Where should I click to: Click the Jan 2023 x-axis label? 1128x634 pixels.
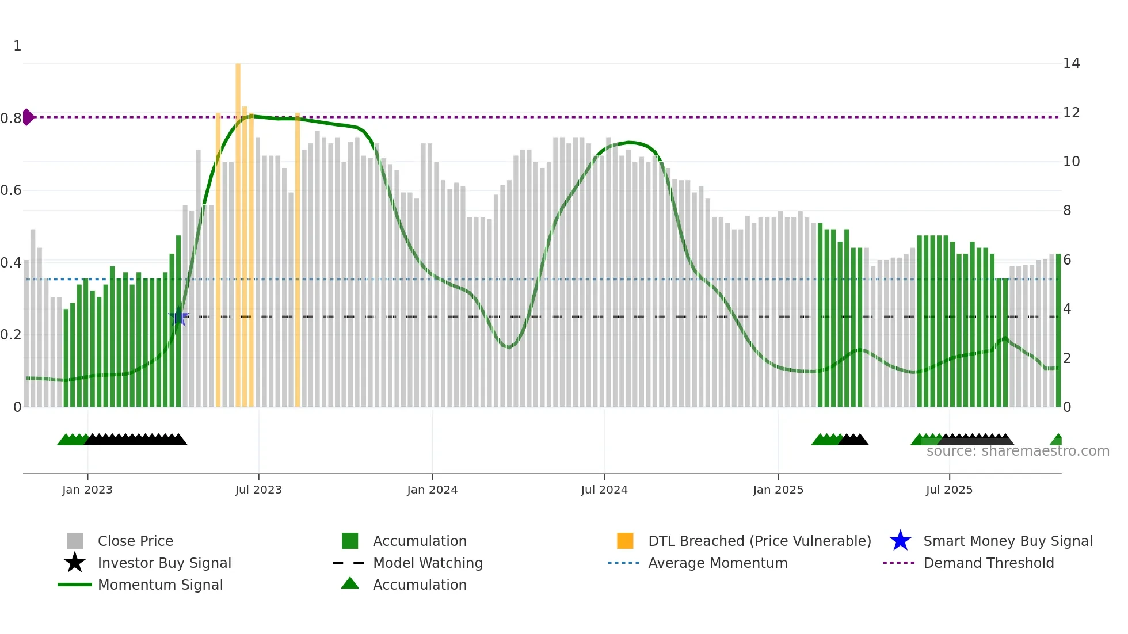[87, 490]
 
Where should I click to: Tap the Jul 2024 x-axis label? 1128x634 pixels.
[604, 490]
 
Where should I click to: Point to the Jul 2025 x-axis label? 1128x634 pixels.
[949, 490]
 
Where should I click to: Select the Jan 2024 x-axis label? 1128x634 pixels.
[432, 490]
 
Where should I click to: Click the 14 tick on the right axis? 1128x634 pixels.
[1071, 63]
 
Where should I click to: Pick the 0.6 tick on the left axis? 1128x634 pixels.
[11, 190]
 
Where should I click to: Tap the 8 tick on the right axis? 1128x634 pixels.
[1067, 211]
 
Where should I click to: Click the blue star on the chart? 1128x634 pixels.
[178, 316]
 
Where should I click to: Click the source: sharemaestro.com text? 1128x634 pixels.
[1018, 451]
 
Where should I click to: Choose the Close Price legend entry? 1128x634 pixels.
[135, 541]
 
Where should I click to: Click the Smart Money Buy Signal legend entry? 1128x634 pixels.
[1007, 541]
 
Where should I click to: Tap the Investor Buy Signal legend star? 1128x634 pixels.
[75, 563]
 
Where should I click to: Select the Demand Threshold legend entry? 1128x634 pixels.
[988, 563]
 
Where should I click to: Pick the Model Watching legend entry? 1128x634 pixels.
[427, 563]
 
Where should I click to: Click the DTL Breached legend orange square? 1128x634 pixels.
[625, 541]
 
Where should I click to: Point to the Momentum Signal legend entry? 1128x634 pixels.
[160, 585]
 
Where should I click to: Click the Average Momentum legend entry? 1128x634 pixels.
[717, 563]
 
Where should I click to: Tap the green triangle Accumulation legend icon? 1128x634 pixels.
[350, 583]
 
